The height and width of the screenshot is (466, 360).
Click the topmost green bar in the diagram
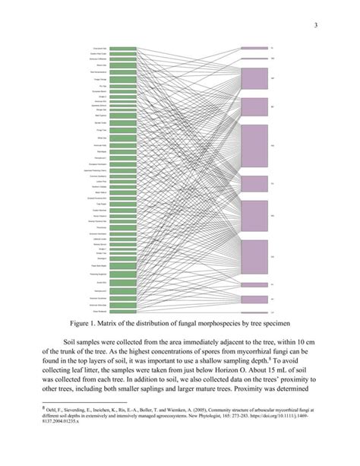(123, 48)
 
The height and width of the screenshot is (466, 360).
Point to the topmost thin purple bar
(254, 48)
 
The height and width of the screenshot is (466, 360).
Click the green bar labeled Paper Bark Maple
(123, 265)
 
